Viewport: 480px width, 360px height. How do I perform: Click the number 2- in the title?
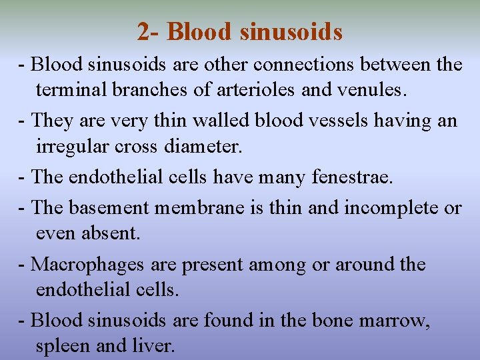pos(149,31)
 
